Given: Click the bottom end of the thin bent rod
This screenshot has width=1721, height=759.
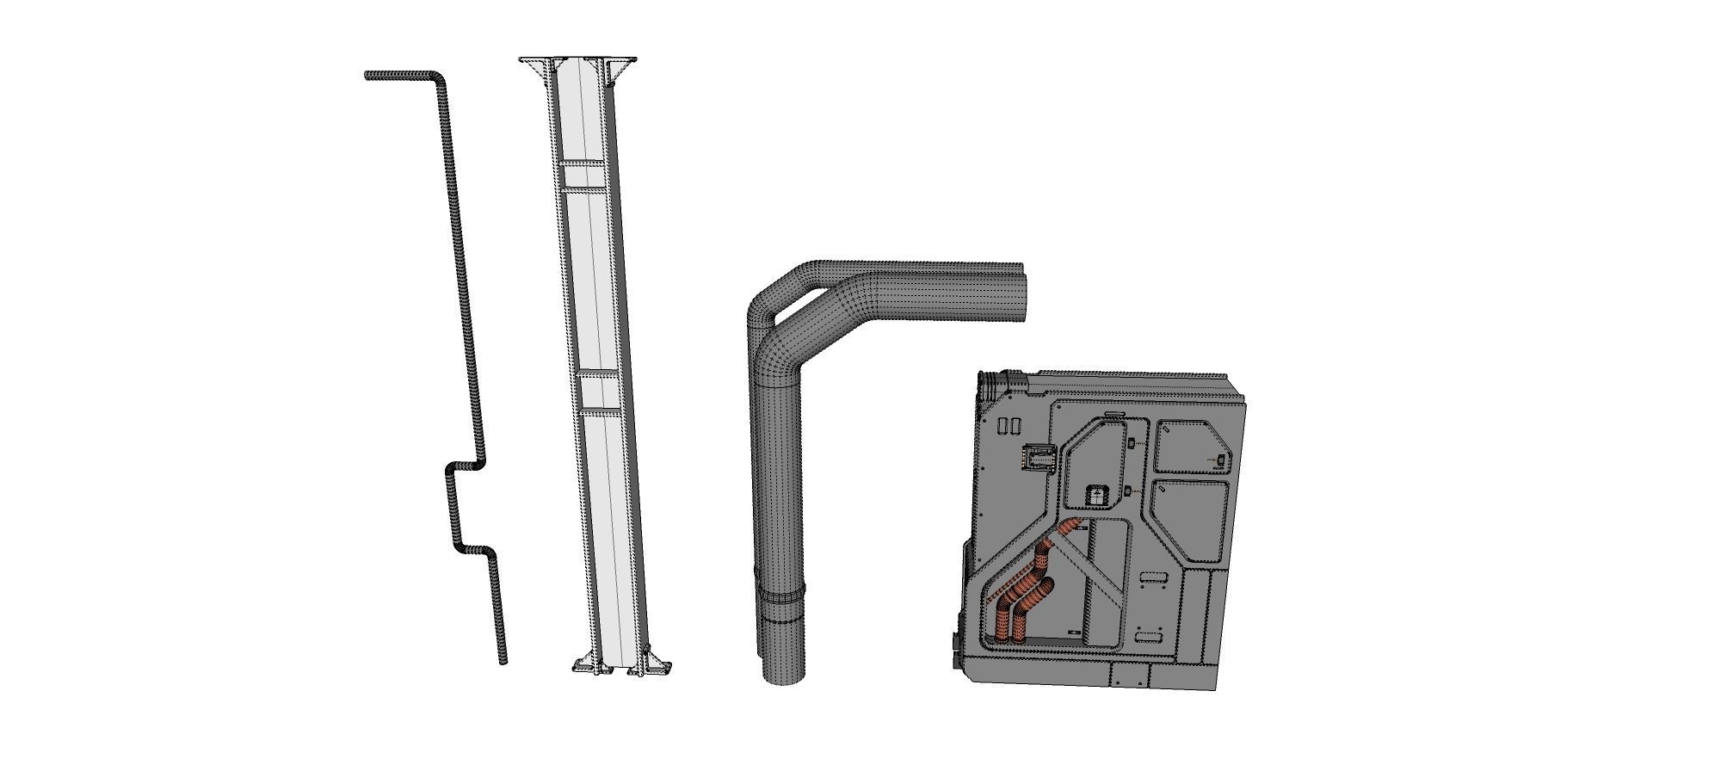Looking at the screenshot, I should [x=503, y=660].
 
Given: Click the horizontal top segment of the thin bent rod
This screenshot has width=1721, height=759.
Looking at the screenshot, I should [x=400, y=76].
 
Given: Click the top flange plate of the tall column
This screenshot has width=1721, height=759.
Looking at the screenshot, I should [x=577, y=59].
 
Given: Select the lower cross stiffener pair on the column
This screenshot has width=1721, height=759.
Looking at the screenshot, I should [x=598, y=393].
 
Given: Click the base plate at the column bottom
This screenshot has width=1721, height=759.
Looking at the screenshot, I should [x=622, y=669].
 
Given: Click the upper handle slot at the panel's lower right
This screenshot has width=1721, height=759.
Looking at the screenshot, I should [x=1151, y=578].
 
